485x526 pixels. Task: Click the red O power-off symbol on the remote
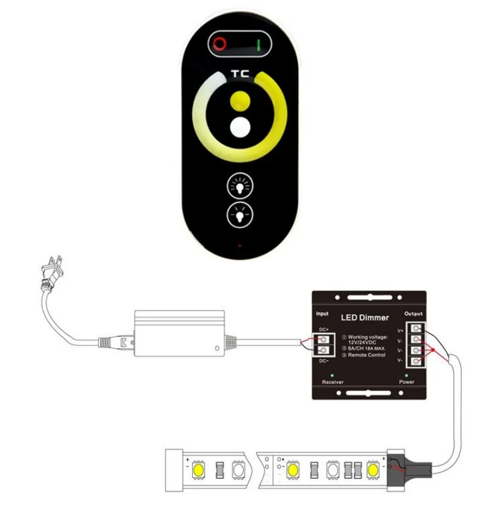(x=219, y=43)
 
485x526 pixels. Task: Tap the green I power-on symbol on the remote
(x=260, y=44)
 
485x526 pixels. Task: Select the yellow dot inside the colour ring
(x=241, y=101)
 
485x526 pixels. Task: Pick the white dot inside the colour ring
(x=241, y=128)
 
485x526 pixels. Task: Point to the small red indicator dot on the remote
(x=239, y=246)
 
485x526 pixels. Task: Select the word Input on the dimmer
(x=323, y=314)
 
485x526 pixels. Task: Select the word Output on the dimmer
(x=413, y=314)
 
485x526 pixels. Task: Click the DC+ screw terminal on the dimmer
(x=326, y=339)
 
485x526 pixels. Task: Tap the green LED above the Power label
(x=406, y=376)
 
